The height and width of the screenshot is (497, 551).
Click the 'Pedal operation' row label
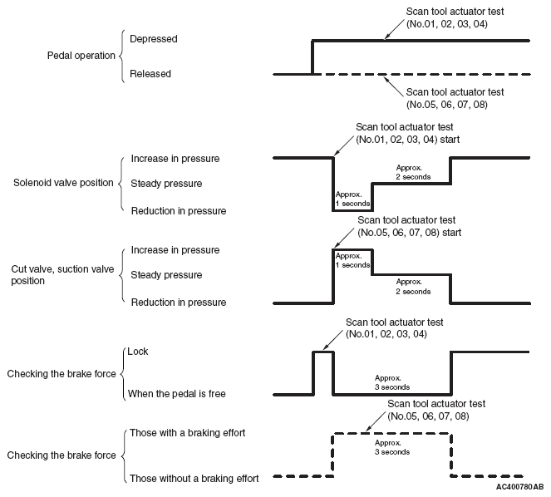click(81, 56)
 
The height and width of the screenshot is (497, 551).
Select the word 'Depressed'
click(154, 39)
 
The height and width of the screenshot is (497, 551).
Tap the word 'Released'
click(150, 74)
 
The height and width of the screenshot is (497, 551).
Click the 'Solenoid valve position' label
click(61, 183)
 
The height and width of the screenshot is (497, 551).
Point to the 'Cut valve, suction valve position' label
click(63, 274)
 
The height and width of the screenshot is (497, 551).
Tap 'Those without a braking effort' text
click(194, 478)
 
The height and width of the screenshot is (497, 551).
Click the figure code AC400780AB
click(519, 486)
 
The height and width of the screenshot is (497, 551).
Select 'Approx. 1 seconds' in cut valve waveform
click(352, 259)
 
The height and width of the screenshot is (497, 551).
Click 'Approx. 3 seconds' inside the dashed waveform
click(392, 447)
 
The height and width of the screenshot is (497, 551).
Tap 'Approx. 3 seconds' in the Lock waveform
click(392, 381)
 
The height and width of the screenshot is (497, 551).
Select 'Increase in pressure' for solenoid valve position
click(175, 158)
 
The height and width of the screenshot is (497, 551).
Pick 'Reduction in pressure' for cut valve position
click(178, 303)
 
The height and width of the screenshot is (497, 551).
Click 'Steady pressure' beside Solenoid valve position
click(166, 183)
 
